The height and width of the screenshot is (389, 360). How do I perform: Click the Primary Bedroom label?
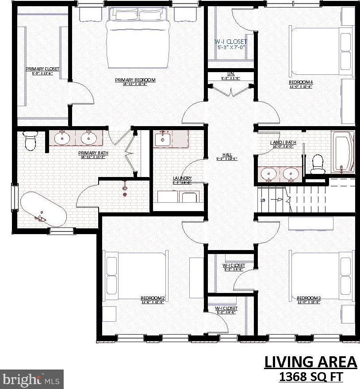pyautogui.click(x=135, y=80)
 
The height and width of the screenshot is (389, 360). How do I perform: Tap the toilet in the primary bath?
pyautogui.click(x=30, y=140)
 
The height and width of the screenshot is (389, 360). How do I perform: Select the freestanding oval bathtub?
pyautogui.click(x=43, y=209)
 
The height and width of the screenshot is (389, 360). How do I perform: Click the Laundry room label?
pyautogui.click(x=182, y=178)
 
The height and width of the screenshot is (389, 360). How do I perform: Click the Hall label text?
pyautogui.click(x=227, y=155)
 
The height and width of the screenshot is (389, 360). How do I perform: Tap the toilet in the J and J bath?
pyautogui.click(x=318, y=164)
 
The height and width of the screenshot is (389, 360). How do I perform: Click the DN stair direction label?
pyautogui.click(x=263, y=200)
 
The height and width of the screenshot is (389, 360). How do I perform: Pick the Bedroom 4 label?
pyautogui.click(x=301, y=82)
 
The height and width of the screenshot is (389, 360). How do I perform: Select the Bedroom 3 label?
pyautogui.click(x=308, y=298)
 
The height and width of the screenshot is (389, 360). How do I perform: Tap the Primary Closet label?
pyautogui.click(x=42, y=69)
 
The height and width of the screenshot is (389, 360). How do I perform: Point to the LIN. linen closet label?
pyautogui.click(x=230, y=74)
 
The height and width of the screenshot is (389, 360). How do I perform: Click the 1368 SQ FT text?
pyautogui.click(x=310, y=377)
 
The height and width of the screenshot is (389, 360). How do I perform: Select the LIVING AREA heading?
pyautogui.click(x=310, y=362)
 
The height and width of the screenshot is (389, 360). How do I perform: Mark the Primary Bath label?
pyautogui.click(x=93, y=153)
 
